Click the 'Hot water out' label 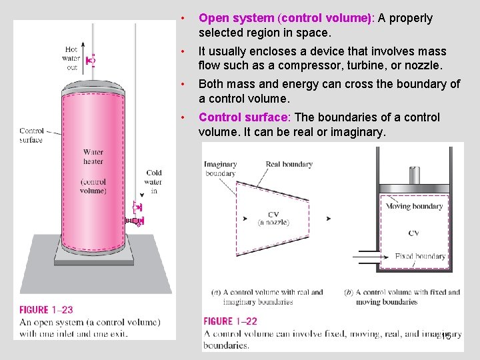[x=72, y=58]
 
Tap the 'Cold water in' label [x=154, y=181]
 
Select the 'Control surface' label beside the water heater [x=31, y=135]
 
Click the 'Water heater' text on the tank [x=93, y=157]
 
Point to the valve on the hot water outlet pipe [x=91, y=60]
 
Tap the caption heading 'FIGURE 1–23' [x=46, y=310]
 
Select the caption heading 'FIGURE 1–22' [x=230, y=321]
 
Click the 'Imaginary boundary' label [x=221, y=169]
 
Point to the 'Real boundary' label [x=289, y=164]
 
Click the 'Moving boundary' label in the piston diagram [x=414, y=207]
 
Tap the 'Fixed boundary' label [x=420, y=256]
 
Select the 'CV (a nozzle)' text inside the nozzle [x=274, y=218]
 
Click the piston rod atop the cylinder [x=414, y=175]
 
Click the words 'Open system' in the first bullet [x=236, y=19]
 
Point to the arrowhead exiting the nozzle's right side [x=328, y=219]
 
